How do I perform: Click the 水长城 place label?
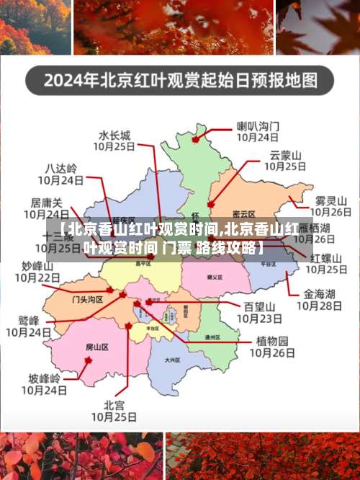point(114,134)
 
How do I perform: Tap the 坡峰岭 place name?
point(45,378)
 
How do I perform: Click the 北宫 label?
point(114,404)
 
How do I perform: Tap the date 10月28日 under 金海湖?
point(319,306)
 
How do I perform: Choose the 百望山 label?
point(258,306)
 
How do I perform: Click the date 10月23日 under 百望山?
point(258,318)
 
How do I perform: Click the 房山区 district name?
point(96,347)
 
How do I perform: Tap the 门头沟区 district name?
point(87,298)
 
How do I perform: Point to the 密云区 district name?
point(244,214)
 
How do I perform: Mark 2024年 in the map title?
point(68,80)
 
